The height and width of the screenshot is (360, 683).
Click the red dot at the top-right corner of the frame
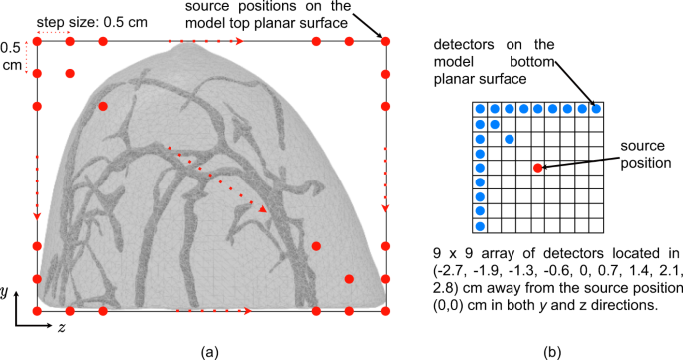pyautogui.click(x=386, y=42)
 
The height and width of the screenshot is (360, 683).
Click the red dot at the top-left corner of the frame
pyautogui.click(x=37, y=42)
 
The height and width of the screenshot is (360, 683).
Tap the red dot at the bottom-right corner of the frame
pyautogui.click(x=386, y=312)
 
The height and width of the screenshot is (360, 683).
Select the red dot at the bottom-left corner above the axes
pyautogui.click(x=37, y=312)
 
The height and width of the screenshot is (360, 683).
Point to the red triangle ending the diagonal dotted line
pyautogui.click(x=262, y=210)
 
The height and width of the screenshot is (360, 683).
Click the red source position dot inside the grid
pyautogui.click(x=538, y=168)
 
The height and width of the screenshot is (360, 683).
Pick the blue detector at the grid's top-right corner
pyautogui.click(x=597, y=109)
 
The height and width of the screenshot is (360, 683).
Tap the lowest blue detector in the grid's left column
pyautogui.click(x=480, y=226)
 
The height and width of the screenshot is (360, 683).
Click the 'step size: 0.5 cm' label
pyautogui.click(x=78, y=20)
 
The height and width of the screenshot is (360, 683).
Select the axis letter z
pyautogui.click(x=62, y=327)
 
